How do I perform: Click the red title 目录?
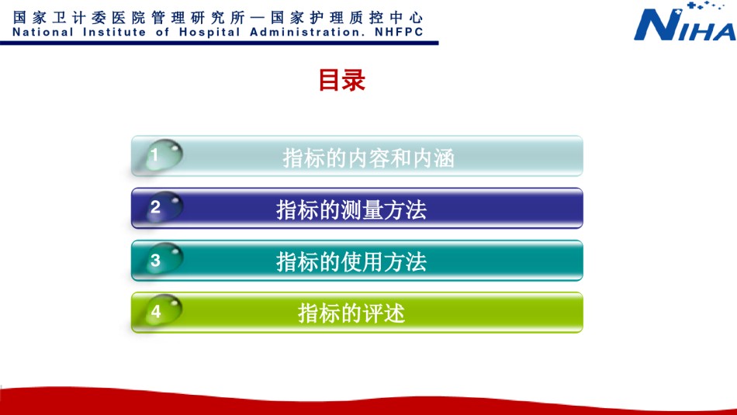coord(341,80)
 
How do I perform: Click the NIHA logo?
coord(685,22)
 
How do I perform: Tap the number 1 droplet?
coord(163,154)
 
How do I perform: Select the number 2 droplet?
coord(163,207)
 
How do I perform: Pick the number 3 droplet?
coord(163,259)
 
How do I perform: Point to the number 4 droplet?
coord(163,310)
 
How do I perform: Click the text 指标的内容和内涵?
coord(368,158)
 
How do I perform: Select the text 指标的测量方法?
coord(351,209)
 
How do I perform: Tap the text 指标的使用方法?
coord(351,261)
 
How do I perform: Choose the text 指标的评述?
coord(351,313)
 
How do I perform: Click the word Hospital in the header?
coord(209,33)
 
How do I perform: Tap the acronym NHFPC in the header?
coord(399,32)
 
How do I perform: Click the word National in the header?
coord(43,32)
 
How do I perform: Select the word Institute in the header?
coord(114,32)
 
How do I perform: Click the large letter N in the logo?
coord(655,25)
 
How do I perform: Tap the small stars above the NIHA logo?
coord(705,5)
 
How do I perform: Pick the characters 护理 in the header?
coord(327,18)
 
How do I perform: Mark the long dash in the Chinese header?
coord(258,18)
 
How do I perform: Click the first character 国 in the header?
coord(19,18)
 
